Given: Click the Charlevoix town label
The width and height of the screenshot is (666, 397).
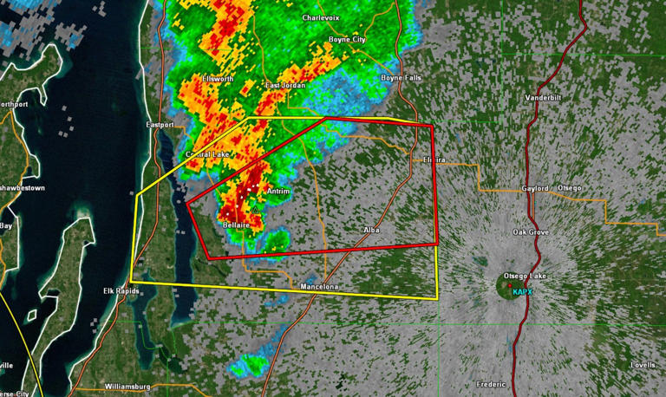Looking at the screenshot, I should click(322, 17).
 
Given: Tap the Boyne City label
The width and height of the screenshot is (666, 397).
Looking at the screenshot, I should click(347, 40).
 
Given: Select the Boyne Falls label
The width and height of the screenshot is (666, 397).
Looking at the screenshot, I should click(401, 78).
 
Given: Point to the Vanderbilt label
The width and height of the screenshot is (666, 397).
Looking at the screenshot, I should click(543, 98).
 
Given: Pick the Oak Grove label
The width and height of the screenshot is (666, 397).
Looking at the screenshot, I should click(531, 232).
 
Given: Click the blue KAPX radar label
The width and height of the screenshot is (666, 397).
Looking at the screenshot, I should click(523, 292).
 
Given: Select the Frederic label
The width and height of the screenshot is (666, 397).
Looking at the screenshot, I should click(491, 384).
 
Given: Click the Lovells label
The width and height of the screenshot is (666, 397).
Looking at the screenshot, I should click(643, 365).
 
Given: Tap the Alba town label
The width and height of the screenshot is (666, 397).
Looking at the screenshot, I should click(373, 230).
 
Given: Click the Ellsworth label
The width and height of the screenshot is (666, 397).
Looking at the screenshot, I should click(218, 79).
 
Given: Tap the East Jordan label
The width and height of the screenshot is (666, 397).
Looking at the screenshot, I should click(285, 86).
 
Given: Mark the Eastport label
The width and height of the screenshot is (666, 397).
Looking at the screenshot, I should click(160, 125).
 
